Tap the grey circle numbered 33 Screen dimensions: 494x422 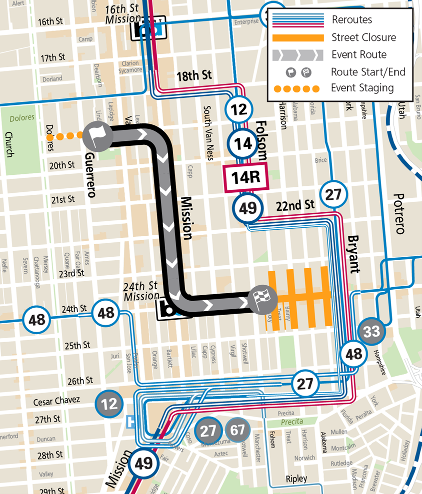pyautogui.click(x=371, y=332)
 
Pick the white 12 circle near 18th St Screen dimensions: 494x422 pyautogui.click(x=239, y=109)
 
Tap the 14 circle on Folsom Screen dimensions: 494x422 pyautogui.click(x=243, y=144)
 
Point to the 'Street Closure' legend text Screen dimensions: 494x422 pyautogui.click(x=363, y=37)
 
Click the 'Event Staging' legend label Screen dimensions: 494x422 pyautogui.click(x=362, y=88)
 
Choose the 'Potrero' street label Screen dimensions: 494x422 pyautogui.click(x=399, y=214)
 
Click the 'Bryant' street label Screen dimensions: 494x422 pyautogui.click(x=354, y=254)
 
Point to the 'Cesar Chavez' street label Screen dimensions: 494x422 pyautogui.click(x=56, y=401)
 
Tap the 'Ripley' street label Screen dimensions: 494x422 pyautogui.click(x=296, y=479)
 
